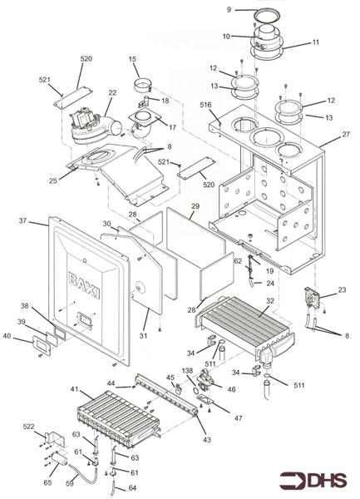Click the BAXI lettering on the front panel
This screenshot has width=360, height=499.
[84, 286]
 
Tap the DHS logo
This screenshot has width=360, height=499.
[313, 481]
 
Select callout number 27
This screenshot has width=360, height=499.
[346, 134]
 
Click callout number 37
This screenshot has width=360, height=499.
[22, 220]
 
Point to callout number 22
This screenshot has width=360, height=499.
[112, 93]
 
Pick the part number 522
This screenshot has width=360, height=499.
[28, 427]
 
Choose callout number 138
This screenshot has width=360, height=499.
[187, 371]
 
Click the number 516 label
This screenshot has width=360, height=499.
[205, 105]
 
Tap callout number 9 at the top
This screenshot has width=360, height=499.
[229, 10]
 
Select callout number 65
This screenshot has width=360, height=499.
[47, 483]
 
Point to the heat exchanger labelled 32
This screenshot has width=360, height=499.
[245, 328]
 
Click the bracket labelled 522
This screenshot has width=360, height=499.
[55, 439]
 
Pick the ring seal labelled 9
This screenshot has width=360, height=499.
[267, 16]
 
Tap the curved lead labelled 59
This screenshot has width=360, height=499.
[82, 470]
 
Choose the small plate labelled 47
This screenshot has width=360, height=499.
[206, 400]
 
